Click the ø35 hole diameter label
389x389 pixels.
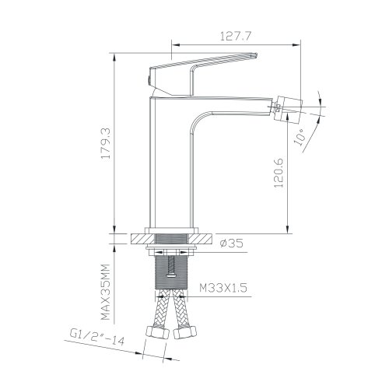[231, 244]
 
